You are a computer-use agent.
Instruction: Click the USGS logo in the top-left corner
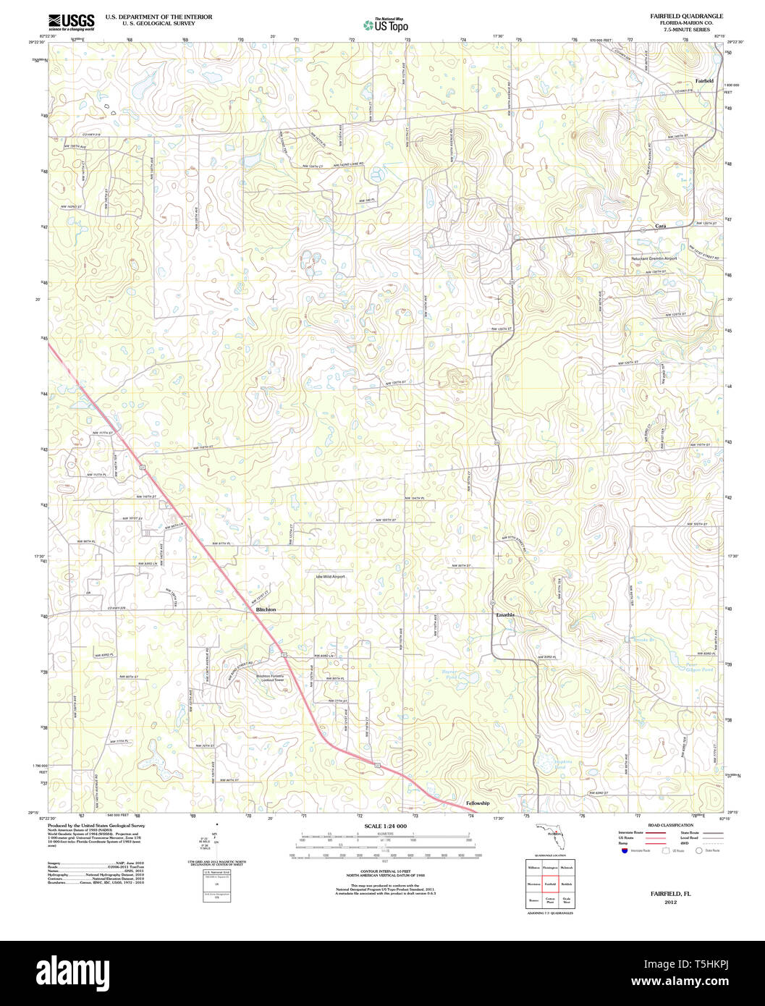(71, 22)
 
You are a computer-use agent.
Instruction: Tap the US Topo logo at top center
(385, 25)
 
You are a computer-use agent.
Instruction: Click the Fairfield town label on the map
(704, 80)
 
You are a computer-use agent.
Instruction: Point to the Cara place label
(660, 226)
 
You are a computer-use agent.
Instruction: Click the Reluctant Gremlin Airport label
(654, 258)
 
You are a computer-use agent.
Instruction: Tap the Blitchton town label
(266, 609)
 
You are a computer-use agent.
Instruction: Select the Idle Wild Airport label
(330, 576)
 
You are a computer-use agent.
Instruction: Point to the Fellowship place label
(478, 803)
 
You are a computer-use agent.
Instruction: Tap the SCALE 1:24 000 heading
(385, 826)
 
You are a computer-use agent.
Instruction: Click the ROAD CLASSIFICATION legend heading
(670, 825)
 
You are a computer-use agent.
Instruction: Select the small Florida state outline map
(550, 833)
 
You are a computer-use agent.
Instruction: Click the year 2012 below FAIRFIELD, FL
(669, 903)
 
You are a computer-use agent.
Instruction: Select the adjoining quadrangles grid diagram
(550, 884)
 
